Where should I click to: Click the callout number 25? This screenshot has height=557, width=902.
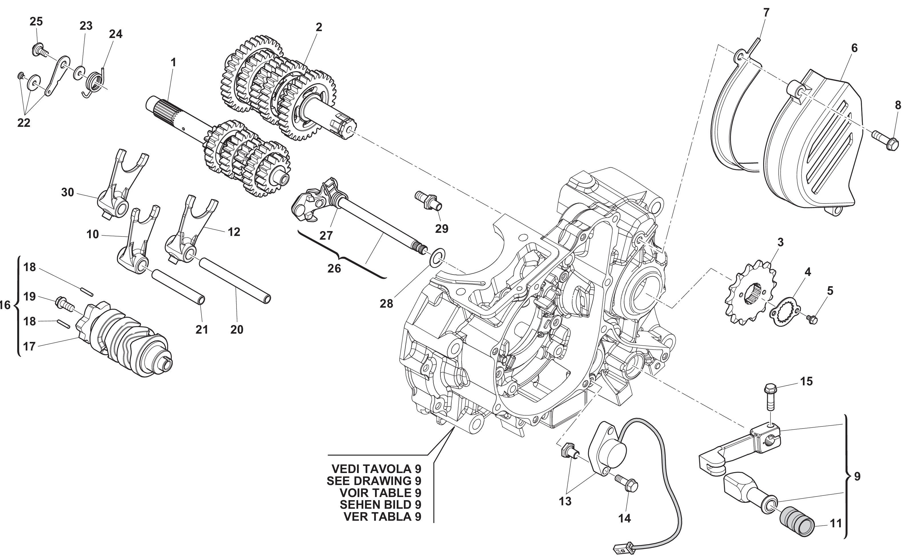click(x=36, y=22)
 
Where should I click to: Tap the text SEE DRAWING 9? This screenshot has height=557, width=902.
click(x=374, y=481)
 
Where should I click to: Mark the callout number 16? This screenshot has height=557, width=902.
click(x=5, y=305)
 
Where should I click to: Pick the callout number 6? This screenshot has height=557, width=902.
click(x=854, y=48)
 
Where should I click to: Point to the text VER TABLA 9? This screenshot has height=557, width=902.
click(x=382, y=516)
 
